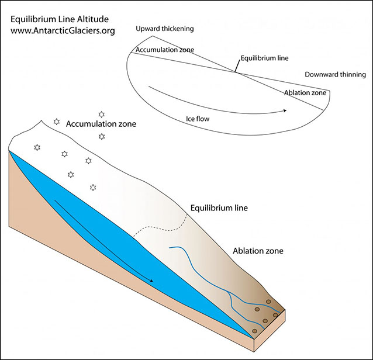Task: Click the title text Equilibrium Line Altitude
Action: point(60,18)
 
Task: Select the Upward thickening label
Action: point(164,29)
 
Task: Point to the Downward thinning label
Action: point(335,75)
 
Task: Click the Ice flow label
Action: point(198,119)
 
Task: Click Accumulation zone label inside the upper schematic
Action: point(165,50)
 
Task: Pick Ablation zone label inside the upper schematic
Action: point(305,93)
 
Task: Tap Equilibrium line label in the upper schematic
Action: point(264,58)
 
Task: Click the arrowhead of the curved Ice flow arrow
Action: point(285,110)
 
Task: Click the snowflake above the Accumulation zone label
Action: point(101,113)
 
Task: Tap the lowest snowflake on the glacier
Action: point(93,188)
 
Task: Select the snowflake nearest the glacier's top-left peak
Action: point(57,122)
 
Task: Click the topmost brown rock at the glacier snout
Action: point(268,302)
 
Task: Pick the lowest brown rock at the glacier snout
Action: point(255,331)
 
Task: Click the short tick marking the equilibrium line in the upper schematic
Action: point(236,68)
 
